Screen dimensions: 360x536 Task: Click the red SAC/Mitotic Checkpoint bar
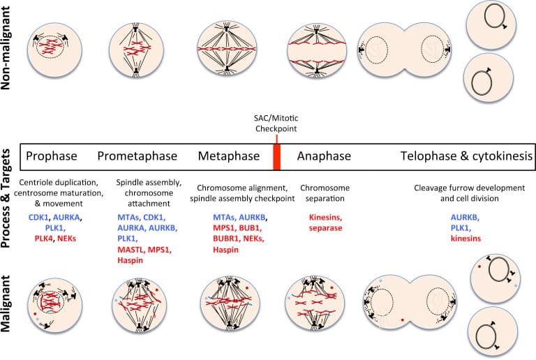coord(276,156)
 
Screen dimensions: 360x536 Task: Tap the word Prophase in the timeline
coord(51,156)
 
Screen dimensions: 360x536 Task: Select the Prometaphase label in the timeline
coord(137,156)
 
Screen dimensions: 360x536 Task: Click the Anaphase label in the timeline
coord(324,156)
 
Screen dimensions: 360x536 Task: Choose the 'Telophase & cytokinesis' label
coord(466,156)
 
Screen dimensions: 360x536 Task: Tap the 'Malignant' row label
coord(9,305)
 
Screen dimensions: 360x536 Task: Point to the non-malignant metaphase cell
coord(228,48)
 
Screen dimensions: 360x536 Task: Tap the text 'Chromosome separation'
coord(324,194)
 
